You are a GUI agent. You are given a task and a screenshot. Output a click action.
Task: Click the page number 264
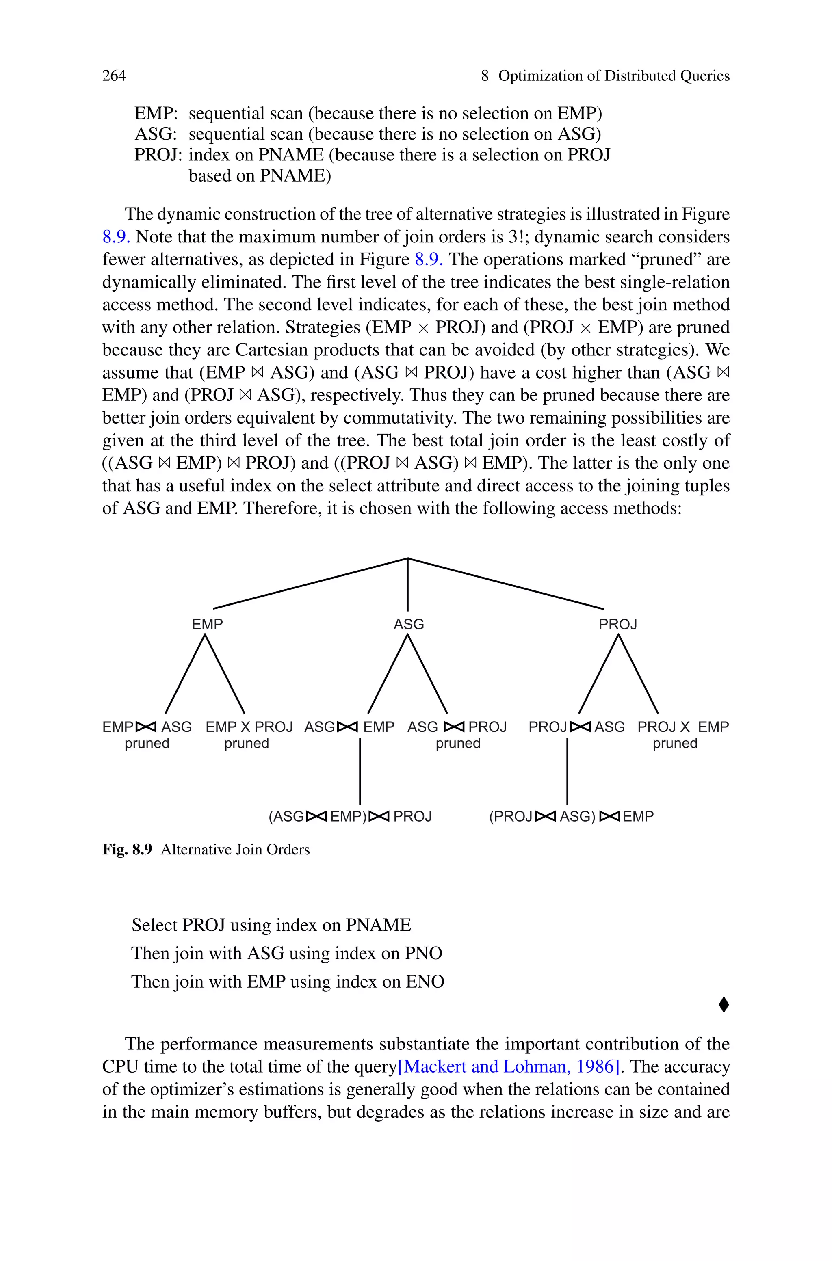coord(114,76)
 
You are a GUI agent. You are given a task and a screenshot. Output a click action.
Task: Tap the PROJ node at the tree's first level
coord(617,624)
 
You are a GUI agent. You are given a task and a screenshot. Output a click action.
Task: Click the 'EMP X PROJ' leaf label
coord(249,727)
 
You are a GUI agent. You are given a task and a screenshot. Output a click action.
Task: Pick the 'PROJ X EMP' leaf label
coord(683,727)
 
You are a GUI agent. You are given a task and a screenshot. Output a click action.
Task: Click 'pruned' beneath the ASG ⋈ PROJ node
coord(458,744)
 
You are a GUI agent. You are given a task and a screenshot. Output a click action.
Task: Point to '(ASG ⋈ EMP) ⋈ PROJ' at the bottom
coord(350,816)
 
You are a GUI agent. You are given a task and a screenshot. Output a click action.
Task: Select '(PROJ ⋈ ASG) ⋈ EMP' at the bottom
coord(571,816)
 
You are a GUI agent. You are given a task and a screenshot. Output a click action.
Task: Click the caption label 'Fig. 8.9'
coord(127,850)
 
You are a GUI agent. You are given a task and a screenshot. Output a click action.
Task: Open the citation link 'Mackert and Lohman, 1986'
coord(508,1066)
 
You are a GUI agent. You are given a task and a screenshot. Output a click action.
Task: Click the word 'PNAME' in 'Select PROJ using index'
coord(378,925)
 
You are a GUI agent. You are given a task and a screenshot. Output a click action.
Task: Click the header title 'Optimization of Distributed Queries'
coord(614,76)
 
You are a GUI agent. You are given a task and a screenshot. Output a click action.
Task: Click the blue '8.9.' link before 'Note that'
coord(116,236)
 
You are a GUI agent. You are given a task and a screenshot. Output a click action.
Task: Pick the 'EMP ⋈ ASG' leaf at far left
coord(147,727)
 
